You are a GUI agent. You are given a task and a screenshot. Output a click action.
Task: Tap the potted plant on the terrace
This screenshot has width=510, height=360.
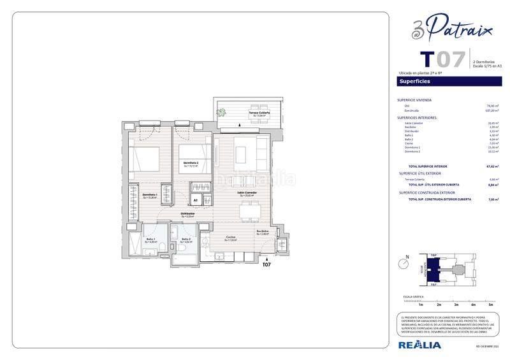coord(222,113)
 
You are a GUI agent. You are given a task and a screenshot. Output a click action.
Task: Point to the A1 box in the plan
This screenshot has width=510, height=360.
coord(196,200)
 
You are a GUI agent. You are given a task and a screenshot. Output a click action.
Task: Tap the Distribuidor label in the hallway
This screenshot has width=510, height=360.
coord(187,215)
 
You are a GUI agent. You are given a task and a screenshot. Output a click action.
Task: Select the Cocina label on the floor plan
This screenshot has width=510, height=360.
coord(230,238)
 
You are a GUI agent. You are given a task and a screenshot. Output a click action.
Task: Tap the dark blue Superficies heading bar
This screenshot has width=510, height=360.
coord(449,82)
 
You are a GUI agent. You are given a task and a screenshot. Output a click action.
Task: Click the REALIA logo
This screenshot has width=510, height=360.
coord(419,345)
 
